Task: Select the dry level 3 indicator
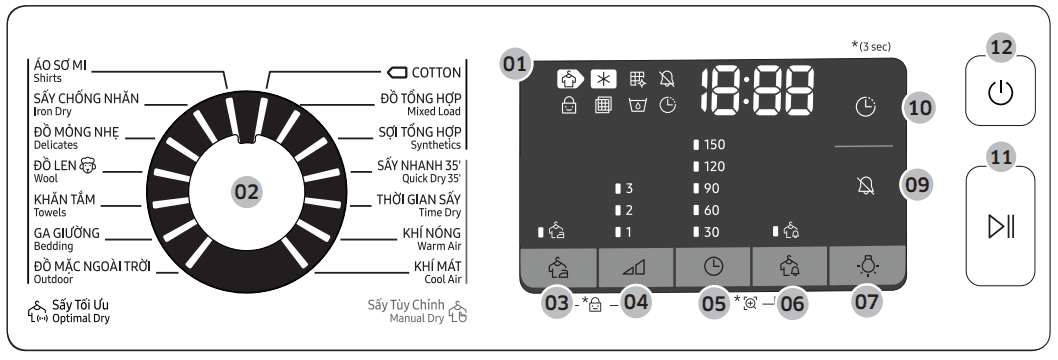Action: [624, 188]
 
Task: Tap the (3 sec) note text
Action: [867, 46]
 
